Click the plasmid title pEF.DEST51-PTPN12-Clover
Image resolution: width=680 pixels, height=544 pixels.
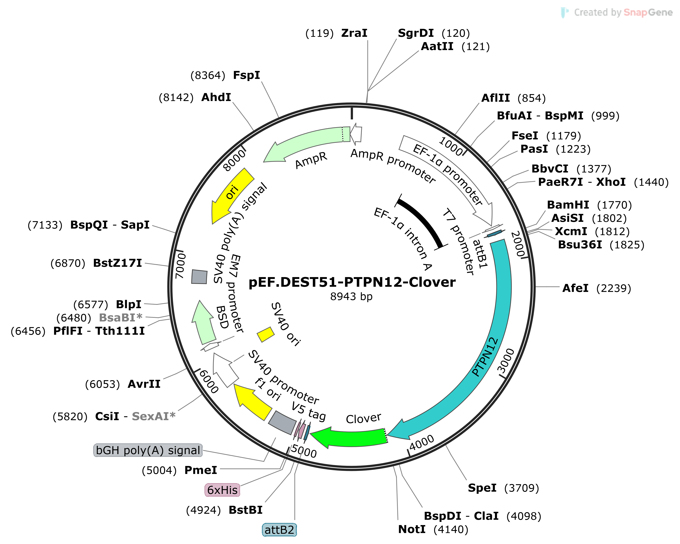coord(352,282)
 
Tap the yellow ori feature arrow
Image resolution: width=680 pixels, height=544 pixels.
coord(232,196)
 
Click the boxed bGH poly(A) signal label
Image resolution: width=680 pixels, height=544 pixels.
coord(148,450)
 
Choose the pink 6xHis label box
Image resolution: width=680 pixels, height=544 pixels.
coord(222,490)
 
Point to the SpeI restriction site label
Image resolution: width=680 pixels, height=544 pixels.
coord(503,488)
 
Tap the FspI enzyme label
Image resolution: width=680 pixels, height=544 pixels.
coord(246,75)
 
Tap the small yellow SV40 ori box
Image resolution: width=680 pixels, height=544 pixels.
coord(266,335)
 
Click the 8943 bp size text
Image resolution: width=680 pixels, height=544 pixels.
coord(351,297)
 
